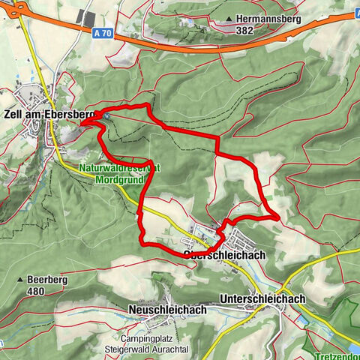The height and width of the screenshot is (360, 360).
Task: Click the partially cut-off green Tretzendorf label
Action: point(337,354)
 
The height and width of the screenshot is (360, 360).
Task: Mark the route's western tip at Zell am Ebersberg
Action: point(82,121)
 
